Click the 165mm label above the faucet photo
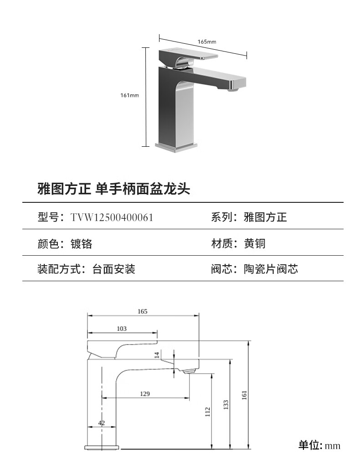[x=206, y=41]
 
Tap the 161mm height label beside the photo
[x=129, y=95]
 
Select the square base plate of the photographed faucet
[x=177, y=146]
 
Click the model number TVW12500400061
[x=112, y=217]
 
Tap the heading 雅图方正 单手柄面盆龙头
[x=113, y=188]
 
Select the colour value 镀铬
[x=82, y=243]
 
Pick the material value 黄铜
[x=255, y=243]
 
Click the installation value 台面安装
[x=114, y=269]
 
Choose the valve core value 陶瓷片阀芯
[x=271, y=269]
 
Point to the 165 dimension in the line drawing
[x=143, y=311]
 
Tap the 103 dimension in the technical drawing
[x=122, y=328]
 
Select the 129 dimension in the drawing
[x=145, y=393]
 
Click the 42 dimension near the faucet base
[x=101, y=422]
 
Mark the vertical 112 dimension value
[x=208, y=412]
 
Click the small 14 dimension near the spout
[x=157, y=355]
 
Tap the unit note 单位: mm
[x=319, y=445]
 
